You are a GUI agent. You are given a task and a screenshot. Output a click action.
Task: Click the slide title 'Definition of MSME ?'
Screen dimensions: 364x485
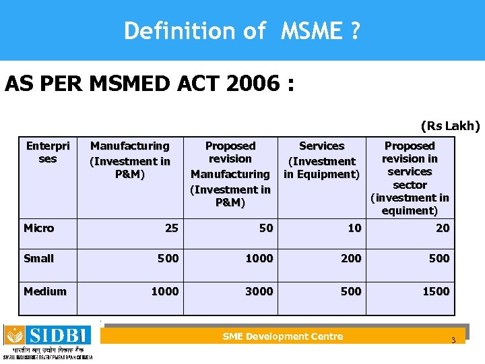[241, 30]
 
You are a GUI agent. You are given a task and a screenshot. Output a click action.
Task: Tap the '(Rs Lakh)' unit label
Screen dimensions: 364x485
[450, 125]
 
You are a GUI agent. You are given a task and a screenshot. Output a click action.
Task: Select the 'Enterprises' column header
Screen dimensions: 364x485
[47, 152]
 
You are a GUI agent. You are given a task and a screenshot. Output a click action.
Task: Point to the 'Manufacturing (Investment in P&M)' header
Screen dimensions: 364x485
[130, 160]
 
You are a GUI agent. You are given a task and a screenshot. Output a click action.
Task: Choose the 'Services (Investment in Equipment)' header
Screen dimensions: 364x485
[321, 160]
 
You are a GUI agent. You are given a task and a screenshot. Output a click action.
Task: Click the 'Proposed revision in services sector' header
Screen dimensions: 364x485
[410, 178]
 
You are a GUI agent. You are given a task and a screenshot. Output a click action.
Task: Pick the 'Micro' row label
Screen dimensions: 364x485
[38, 228]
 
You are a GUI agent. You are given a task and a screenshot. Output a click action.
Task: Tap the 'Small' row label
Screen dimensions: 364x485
[38, 258]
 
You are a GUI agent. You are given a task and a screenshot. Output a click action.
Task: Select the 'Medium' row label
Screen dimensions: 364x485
[45, 291]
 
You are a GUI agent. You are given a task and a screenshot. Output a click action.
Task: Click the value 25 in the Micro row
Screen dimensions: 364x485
[172, 228]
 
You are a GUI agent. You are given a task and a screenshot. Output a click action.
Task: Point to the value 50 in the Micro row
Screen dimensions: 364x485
[266, 228]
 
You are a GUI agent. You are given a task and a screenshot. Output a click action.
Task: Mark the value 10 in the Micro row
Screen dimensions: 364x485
[354, 228]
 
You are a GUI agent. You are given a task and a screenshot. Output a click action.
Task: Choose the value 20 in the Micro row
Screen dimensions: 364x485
[443, 228]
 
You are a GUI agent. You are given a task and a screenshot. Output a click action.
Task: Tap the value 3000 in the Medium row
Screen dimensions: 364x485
[259, 291]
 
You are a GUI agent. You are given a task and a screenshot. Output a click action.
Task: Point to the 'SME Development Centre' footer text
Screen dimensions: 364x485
[282, 336]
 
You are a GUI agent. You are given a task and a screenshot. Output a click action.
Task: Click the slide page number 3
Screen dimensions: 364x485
[453, 340]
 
